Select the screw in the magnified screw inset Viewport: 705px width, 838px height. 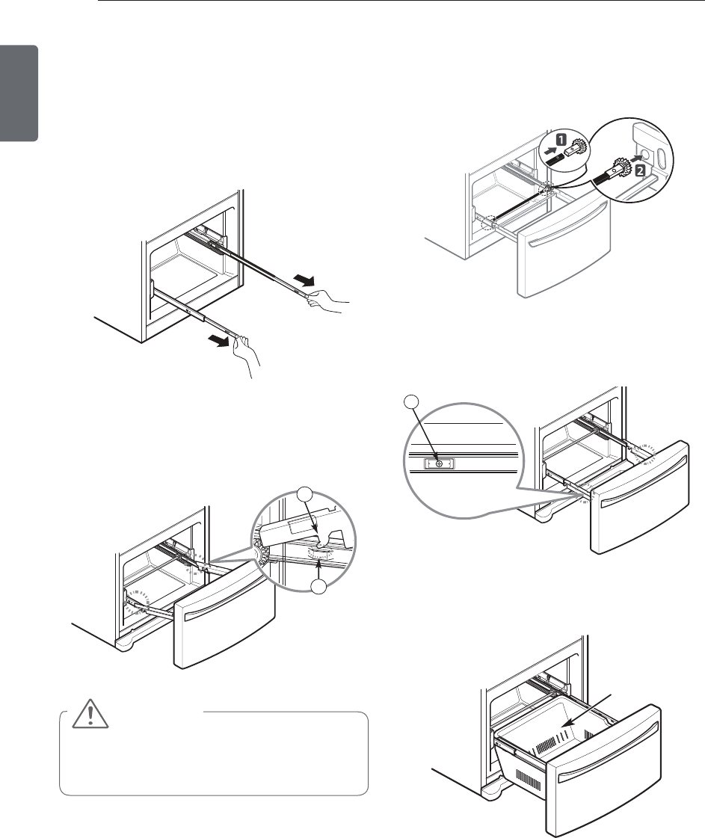pos(439,463)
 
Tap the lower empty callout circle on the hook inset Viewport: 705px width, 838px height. pos(321,588)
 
